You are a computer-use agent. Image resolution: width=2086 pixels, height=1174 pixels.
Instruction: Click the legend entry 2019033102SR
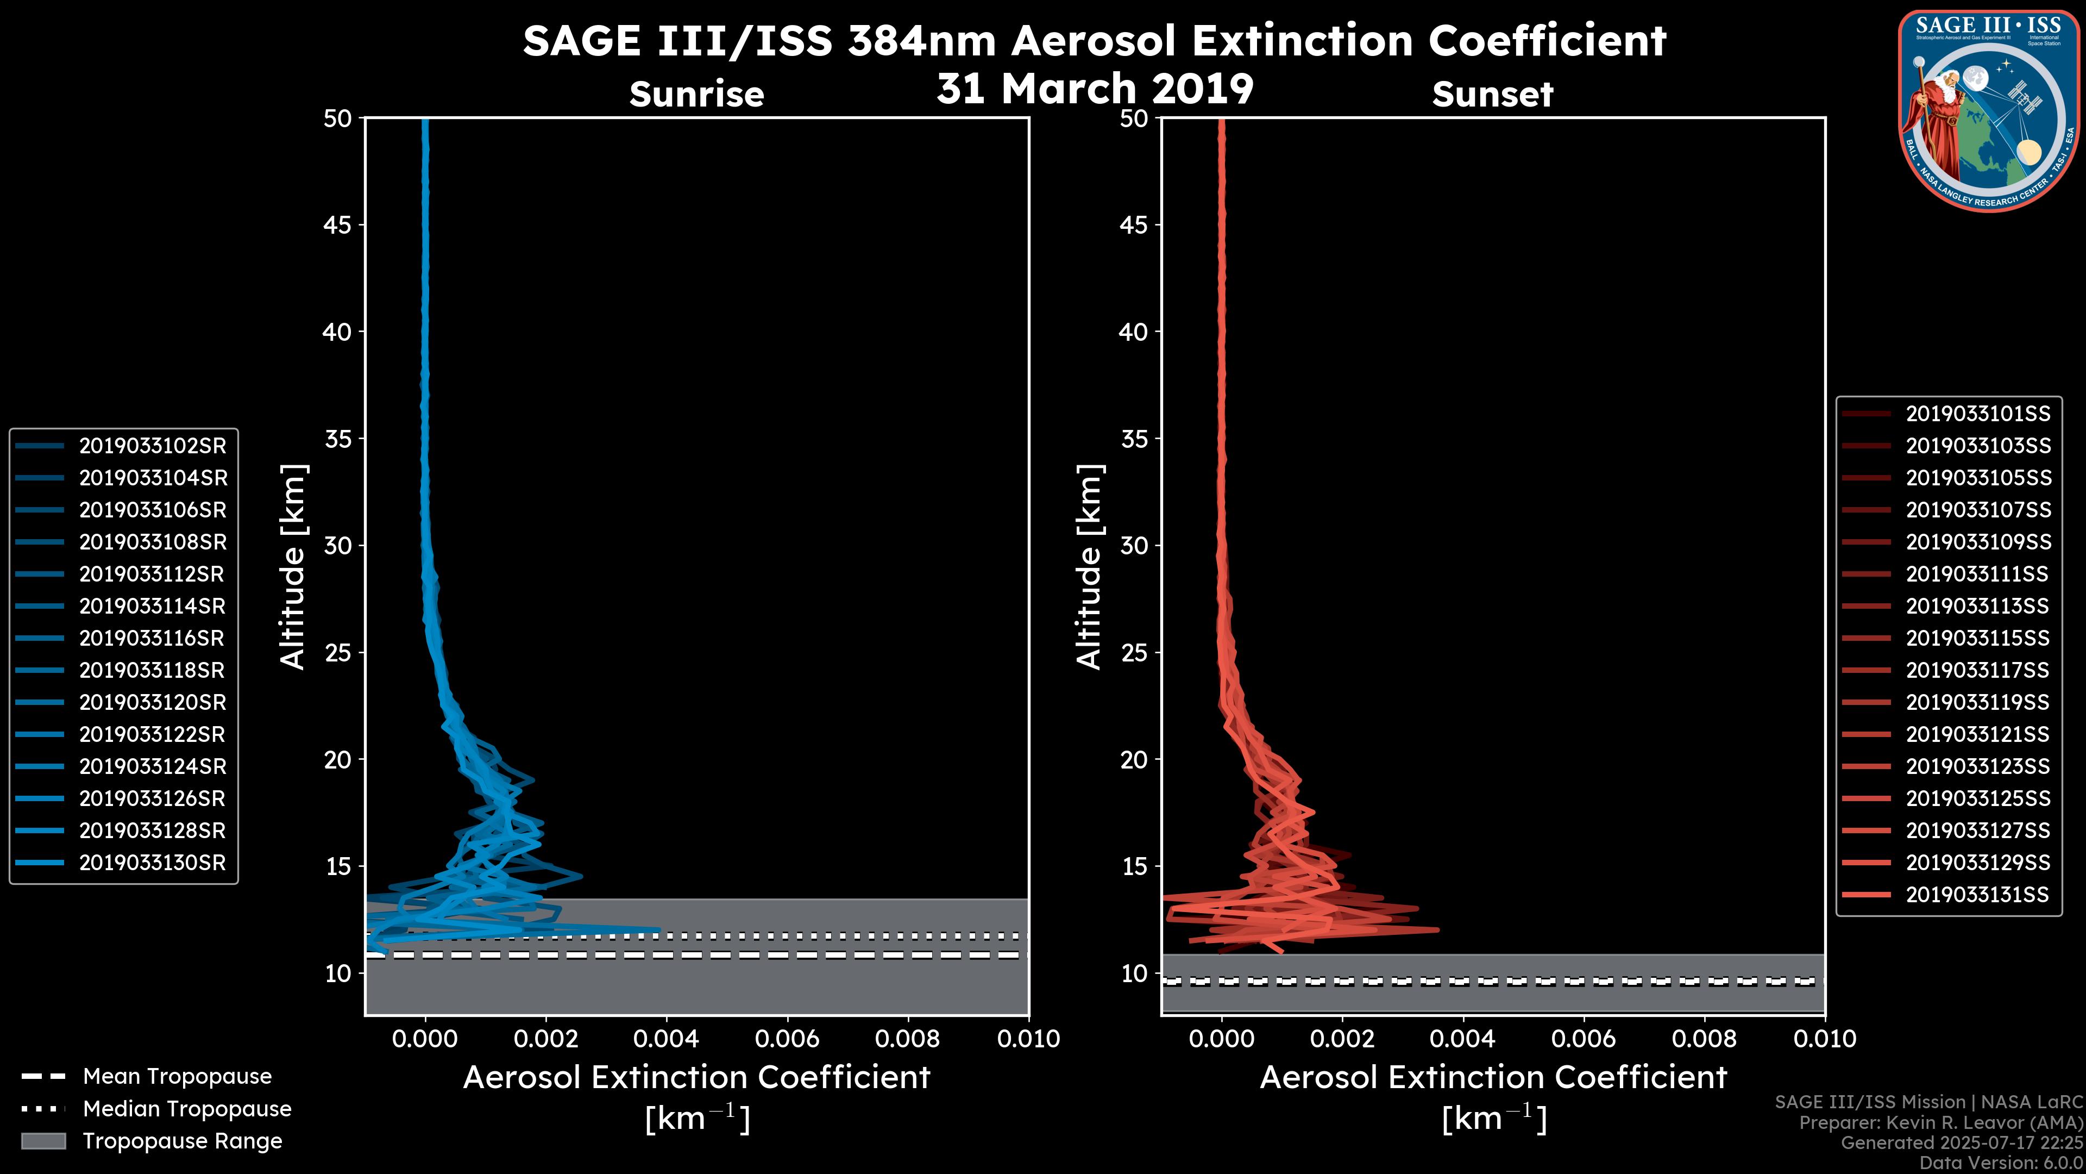[x=152, y=446]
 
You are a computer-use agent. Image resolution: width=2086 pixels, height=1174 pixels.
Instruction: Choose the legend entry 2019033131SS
[x=1977, y=895]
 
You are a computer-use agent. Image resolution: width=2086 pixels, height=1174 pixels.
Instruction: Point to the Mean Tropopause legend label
[x=177, y=1076]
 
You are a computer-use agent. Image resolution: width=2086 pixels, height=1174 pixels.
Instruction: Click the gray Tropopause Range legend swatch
[x=43, y=1141]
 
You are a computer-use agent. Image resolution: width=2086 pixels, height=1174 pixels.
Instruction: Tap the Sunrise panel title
[x=696, y=94]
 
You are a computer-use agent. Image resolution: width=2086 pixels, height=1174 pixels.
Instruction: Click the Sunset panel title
[x=1492, y=94]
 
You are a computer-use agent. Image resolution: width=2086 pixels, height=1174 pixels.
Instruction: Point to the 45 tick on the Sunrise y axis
[x=338, y=224]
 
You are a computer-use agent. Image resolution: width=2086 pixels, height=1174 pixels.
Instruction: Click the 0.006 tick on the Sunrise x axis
[x=786, y=1039]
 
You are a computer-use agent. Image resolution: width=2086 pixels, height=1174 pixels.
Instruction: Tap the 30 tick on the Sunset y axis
[x=1134, y=545]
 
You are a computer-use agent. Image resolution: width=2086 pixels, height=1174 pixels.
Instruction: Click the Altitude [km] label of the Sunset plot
[x=1089, y=567]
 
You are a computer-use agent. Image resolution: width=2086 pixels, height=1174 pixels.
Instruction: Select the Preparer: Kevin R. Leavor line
[x=1940, y=1122]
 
